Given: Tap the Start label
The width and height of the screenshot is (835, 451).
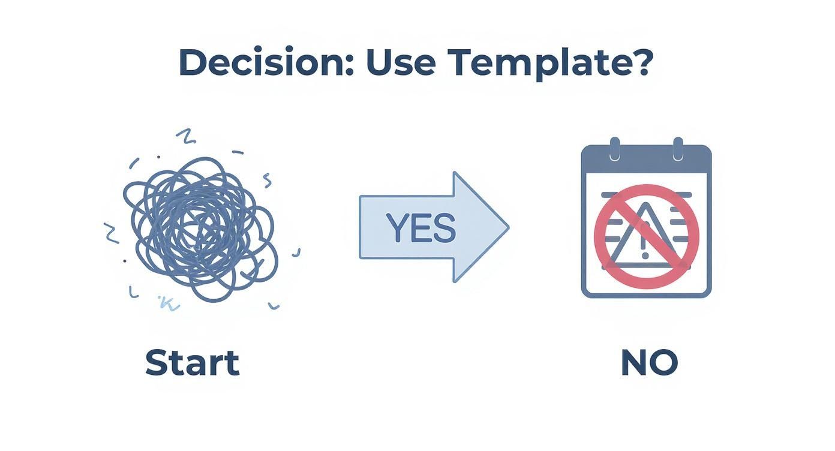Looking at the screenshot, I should click(x=192, y=363).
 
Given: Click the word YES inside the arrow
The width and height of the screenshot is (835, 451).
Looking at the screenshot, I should click(x=421, y=228).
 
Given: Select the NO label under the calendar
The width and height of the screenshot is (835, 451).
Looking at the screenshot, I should click(x=649, y=363).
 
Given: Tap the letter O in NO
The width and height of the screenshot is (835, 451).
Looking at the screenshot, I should click(x=665, y=363).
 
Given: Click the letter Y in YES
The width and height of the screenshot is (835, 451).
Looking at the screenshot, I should click(x=397, y=228).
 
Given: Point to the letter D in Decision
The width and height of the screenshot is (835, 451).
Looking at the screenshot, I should click(x=191, y=61).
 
